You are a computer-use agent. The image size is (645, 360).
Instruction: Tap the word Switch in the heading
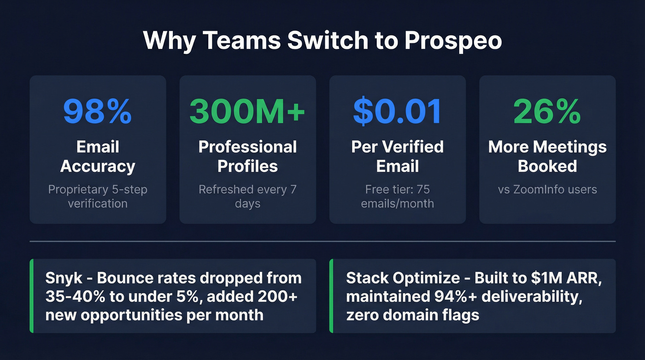(x=329, y=41)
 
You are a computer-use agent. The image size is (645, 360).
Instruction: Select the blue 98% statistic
(x=98, y=112)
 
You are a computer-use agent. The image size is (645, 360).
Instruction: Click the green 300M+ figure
(x=247, y=112)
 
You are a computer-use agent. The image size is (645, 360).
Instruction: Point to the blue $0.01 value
(x=397, y=112)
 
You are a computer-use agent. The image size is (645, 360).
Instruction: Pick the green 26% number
(x=547, y=112)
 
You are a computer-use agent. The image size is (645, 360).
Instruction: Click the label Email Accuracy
(x=98, y=157)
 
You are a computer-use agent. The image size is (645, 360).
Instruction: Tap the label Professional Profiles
(x=247, y=157)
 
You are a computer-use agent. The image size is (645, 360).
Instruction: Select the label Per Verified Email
(x=397, y=157)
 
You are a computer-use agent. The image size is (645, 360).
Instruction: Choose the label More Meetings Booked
(x=547, y=157)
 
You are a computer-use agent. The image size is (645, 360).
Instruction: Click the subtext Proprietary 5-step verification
(x=98, y=196)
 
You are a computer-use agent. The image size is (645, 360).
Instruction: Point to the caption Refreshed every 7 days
(x=247, y=196)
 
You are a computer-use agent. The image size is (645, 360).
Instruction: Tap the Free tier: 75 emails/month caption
(x=397, y=196)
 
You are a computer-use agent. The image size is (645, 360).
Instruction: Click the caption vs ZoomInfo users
(x=547, y=189)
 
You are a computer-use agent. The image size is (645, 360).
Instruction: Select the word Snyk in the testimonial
(x=63, y=278)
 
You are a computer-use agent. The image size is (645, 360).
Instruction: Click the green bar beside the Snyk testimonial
(x=32, y=296)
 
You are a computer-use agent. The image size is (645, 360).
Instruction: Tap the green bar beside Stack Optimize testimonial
(x=331, y=296)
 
